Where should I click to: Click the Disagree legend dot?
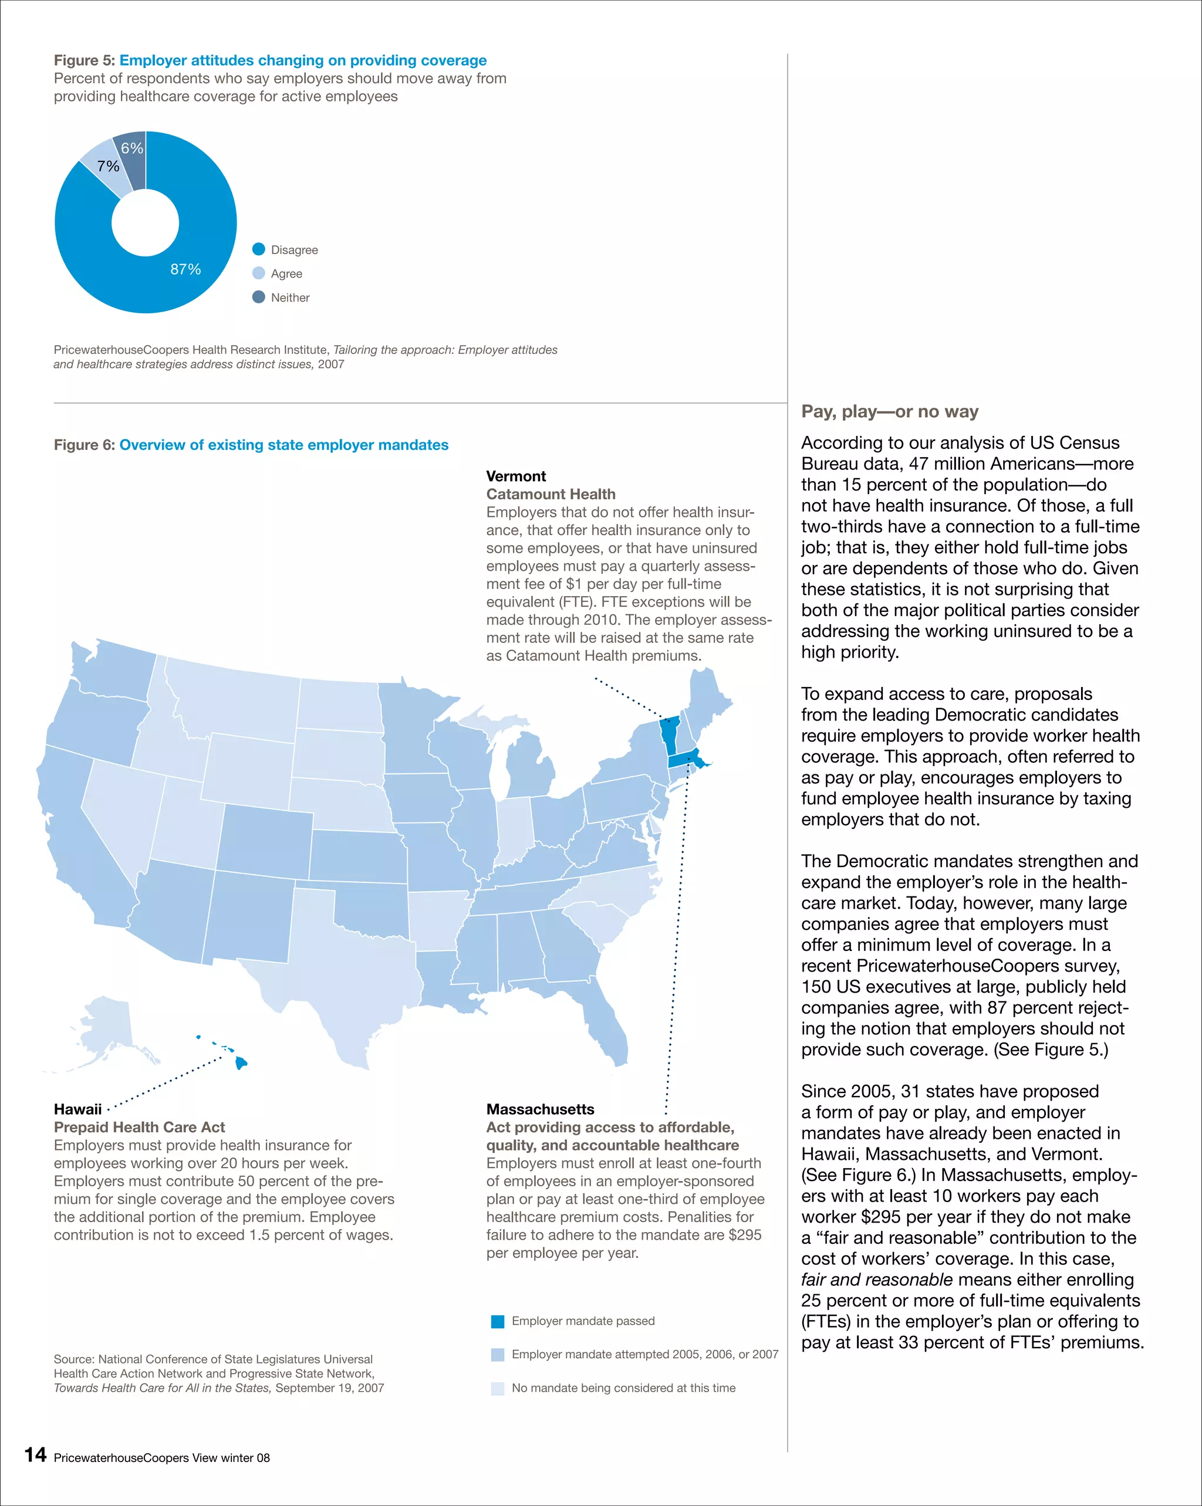pyautogui.click(x=259, y=249)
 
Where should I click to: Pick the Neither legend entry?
pyautogui.click(x=289, y=297)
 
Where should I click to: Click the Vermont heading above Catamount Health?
pyautogui.click(x=516, y=476)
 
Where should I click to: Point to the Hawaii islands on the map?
pyautogui.click(x=241, y=1062)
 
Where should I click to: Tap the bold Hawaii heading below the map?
pyautogui.click(x=77, y=1109)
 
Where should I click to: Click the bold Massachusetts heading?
pyautogui.click(x=540, y=1109)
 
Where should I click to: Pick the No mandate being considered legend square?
pyautogui.click(x=498, y=1388)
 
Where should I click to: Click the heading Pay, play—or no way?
pyautogui.click(x=890, y=411)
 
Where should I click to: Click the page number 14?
pyautogui.click(x=36, y=1455)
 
